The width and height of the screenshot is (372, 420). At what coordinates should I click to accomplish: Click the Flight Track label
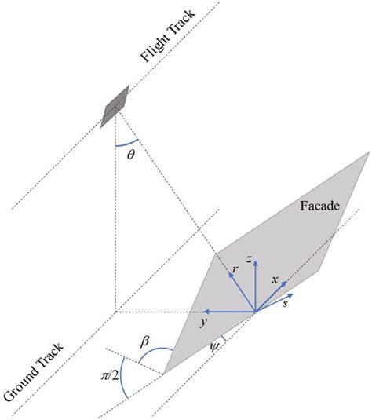click(x=168, y=35)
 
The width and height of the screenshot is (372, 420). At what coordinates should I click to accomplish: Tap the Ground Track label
click(x=34, y=373)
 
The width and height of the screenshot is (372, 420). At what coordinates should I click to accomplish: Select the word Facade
click(x=319, y=206)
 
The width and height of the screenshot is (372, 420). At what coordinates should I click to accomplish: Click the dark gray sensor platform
click(x=115, y=106)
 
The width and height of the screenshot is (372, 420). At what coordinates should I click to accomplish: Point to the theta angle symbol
click(x=131, y=155)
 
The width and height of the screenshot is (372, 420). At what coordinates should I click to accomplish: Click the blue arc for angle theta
click(x=127, y=144)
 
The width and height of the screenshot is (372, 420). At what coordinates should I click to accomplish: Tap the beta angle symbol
click(x=144, y=342)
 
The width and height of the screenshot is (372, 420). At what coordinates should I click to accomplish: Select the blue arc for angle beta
click(x=154, y=349)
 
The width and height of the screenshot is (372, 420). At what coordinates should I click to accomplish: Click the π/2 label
click(x=110, y=376)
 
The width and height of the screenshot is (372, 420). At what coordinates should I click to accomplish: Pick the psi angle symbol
click(x=214, y=347)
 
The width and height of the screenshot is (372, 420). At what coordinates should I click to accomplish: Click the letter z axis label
click(x=250, y=259)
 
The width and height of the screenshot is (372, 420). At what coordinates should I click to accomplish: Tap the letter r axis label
click(x=235, y=269)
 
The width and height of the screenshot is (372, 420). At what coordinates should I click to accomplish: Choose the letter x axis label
click(x=275, y=280)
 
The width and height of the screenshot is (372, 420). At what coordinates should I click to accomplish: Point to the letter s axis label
click(x=286, y=304)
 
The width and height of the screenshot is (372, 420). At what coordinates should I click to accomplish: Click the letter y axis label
click(x=204, y=323)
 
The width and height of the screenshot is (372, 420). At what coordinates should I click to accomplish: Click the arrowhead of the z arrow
click(x=256, y=263)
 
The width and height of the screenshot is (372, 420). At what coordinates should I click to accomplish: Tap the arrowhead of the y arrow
click(x=206, y=312)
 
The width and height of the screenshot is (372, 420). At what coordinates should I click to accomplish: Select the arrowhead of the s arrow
click(x=290, y=295)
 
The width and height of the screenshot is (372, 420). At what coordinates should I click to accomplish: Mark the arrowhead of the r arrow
click(x=231, y=275)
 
